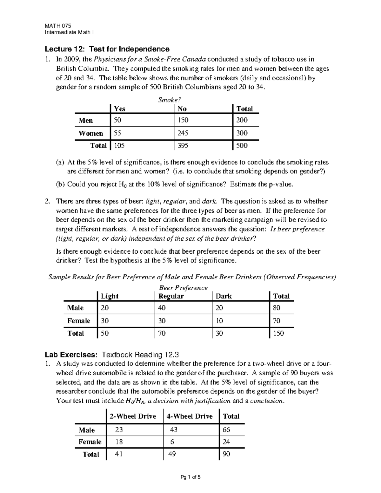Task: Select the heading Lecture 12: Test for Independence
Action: coord(107,49)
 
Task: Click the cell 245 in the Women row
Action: coord(183,133)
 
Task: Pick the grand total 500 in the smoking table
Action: coord(242,146)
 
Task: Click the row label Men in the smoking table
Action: coord(86,120)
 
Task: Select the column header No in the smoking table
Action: coord(182,109)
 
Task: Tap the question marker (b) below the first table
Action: coord(60,184)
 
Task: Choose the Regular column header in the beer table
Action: coord(171,296)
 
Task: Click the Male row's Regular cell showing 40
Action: coord(162,308)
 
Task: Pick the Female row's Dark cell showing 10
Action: coord(219,321)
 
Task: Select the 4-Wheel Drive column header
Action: coord(190,416)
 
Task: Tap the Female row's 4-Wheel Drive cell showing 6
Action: coord(172,442)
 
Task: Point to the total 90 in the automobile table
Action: coord(226,454)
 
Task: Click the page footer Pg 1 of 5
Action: coord(190,477)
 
